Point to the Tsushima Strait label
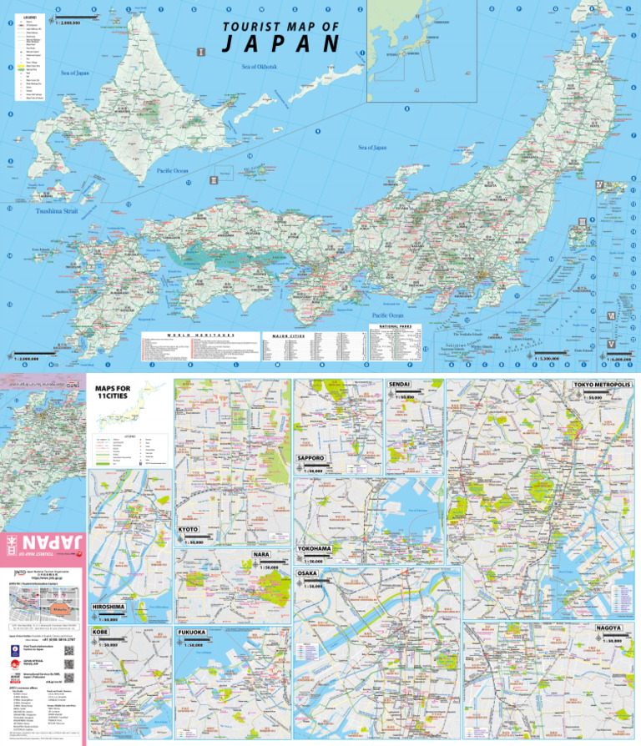click(59, 211)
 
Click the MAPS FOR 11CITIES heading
click(114, 392)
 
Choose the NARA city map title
click(262, 553)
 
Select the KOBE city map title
click(100, 633)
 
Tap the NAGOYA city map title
click(608, 626)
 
